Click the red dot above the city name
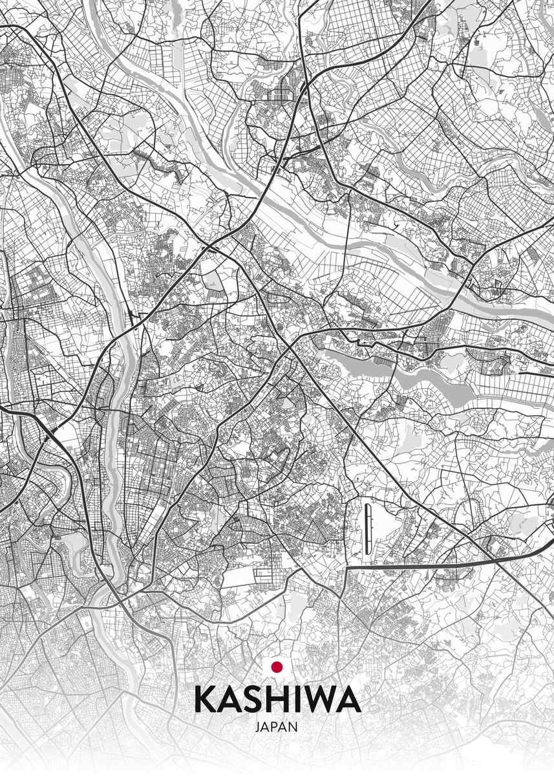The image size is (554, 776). (277, 666)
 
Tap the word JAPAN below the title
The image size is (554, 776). (277, 727)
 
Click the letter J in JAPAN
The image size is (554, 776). (258, 727)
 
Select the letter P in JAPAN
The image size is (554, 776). (276, 727)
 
